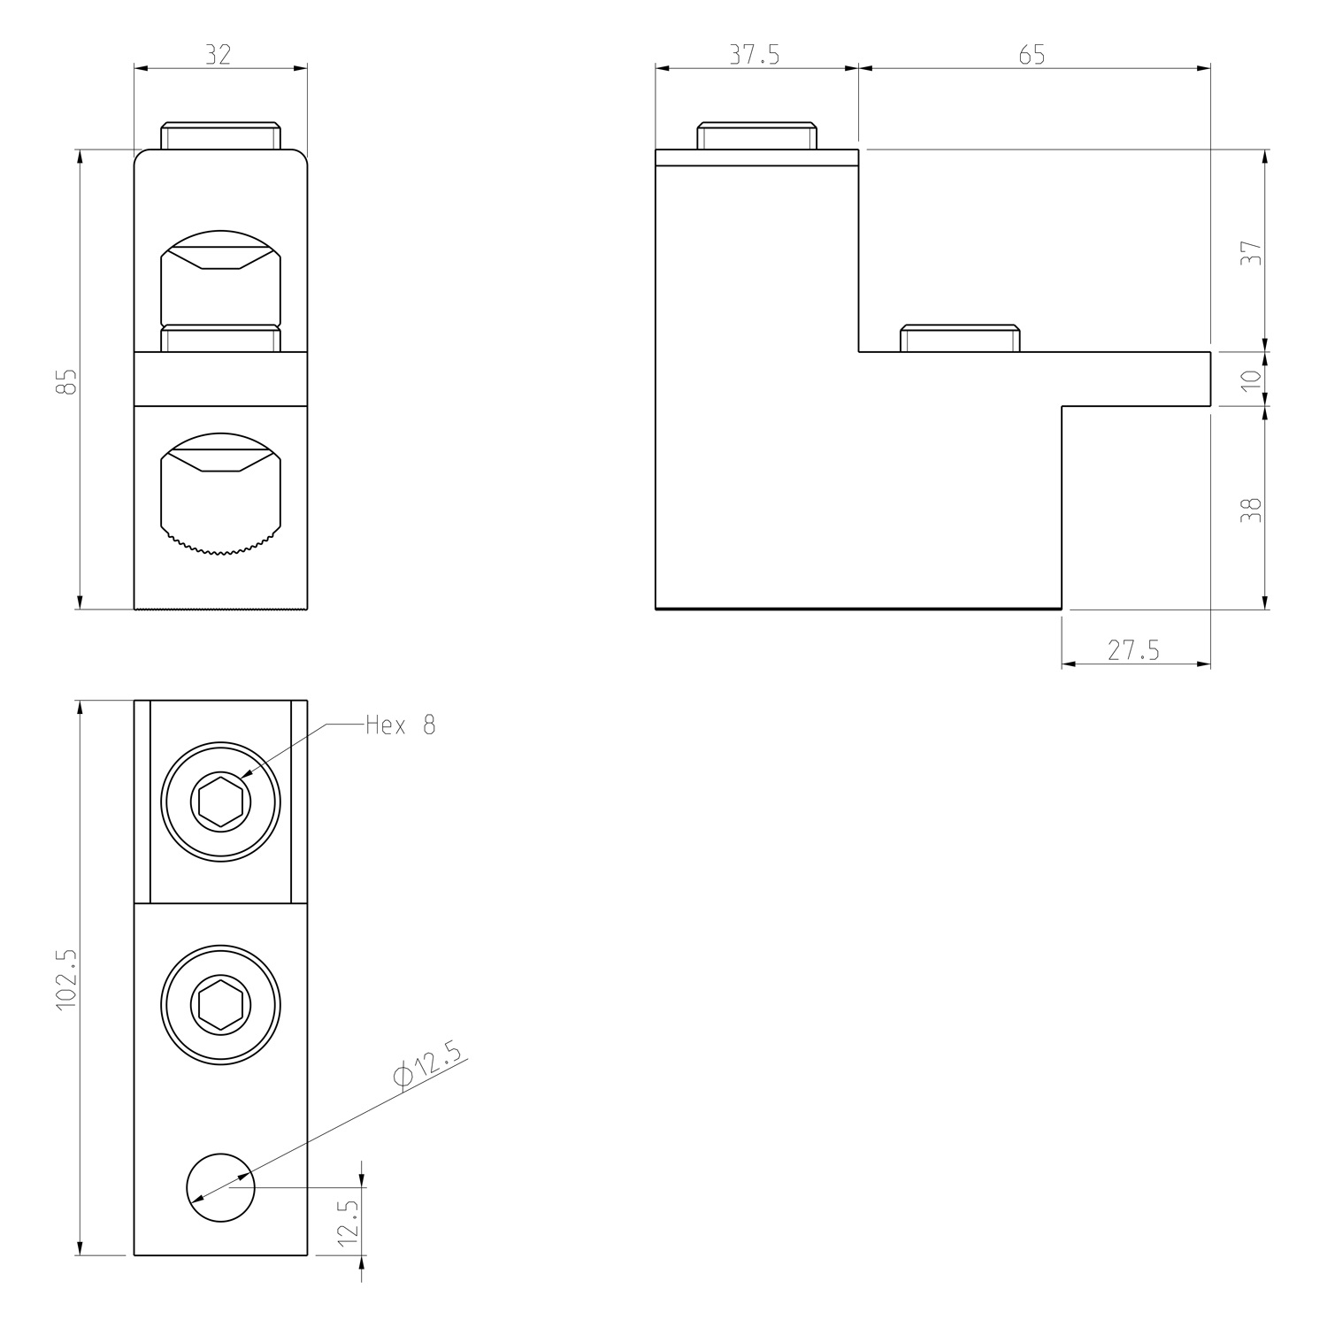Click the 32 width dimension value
[219, 54]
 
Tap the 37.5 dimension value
[755, 54]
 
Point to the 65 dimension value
[1032, 54]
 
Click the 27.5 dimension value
[1133, 650]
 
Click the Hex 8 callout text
[401, 725]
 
